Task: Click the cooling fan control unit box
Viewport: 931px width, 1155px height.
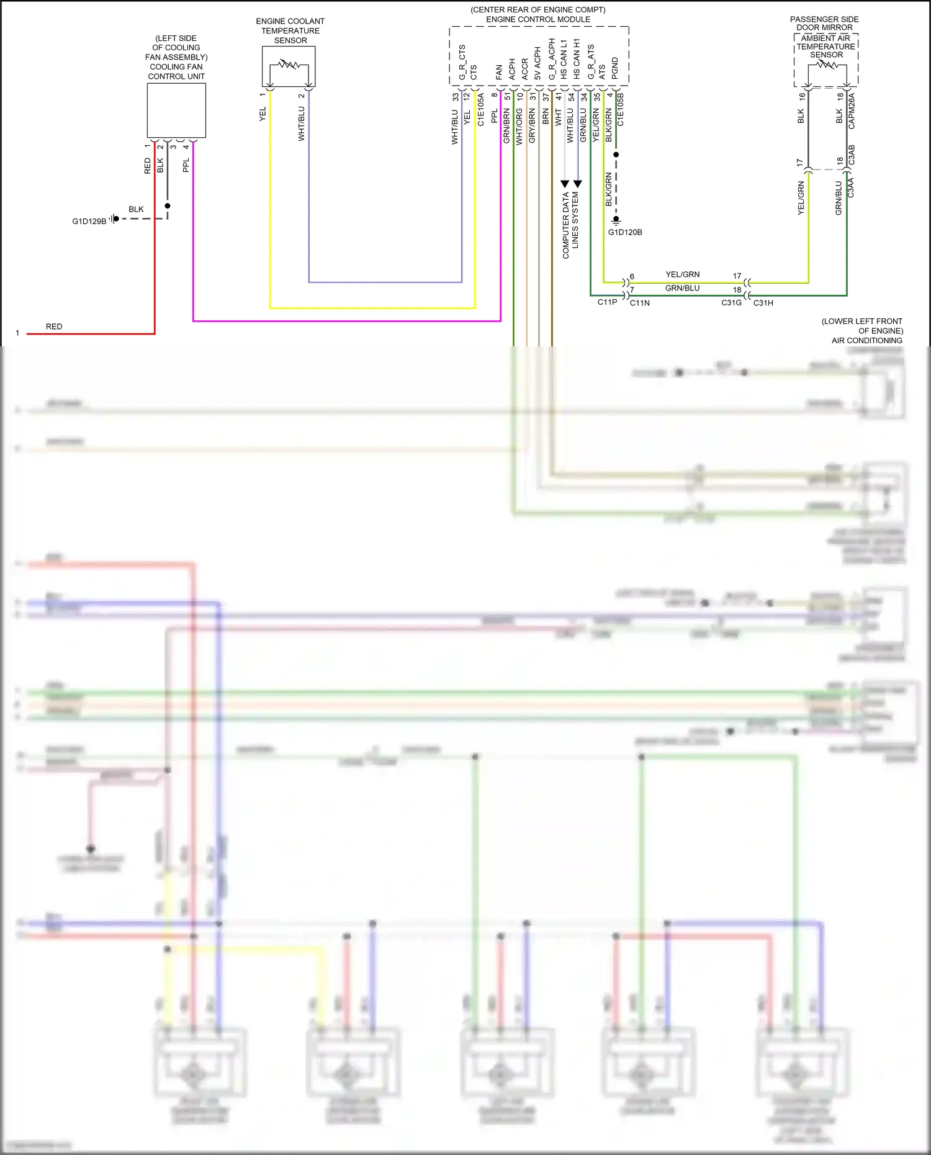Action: click(x=176, y=110)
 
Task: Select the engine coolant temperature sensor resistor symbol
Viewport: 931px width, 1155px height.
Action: click(x=289, y=65)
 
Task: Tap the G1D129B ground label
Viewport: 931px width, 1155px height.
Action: click(x=89, y=221)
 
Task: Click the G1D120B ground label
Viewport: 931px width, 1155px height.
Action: click(x=625, y=232)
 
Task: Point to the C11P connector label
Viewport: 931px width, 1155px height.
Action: click(x=607, y=302)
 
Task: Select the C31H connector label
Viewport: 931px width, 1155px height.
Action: click(x=763, y=303)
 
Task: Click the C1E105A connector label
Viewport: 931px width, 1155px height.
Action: click(x=481, y=110)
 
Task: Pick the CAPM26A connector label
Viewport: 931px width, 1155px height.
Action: click(x=852, y=111)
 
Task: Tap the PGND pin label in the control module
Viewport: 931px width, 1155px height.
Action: click(x=615, y=68)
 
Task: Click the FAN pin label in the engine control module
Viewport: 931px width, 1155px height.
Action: click(x=499, y=72)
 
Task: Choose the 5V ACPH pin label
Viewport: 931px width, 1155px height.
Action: click(x=537, y=64)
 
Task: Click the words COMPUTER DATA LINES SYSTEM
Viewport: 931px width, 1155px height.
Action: click(x=570, y=225)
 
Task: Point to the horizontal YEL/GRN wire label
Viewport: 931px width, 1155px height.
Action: click(x=682, y=274)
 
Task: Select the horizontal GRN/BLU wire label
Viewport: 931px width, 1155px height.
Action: click(x=682, y=288)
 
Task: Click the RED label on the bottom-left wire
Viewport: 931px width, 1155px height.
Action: click(x=54, y=326)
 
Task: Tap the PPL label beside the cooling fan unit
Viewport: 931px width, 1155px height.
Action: click(x=186, y=165)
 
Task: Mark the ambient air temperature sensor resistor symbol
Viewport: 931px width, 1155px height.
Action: click(x=826, y=64)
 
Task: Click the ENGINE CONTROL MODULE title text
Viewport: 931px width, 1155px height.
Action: click(x=538, y=19)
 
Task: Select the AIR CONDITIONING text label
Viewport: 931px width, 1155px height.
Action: click(x=866, y=340)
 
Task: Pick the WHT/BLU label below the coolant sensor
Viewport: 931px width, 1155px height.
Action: click(x=302, y=124)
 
